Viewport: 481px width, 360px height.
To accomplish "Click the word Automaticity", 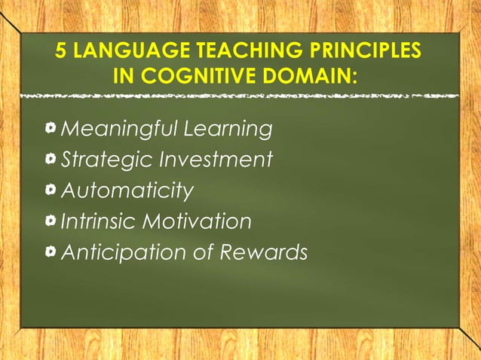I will click(127, 191).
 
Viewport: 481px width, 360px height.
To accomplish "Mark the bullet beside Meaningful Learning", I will click(50, 129).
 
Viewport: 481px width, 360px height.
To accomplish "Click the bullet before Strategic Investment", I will click(50, 160).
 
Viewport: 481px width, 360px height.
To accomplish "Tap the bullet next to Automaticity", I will click(50, 191).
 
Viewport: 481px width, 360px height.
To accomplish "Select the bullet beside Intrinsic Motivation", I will click(50, 221).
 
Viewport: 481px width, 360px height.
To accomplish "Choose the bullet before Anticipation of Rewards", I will click(50, 252).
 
